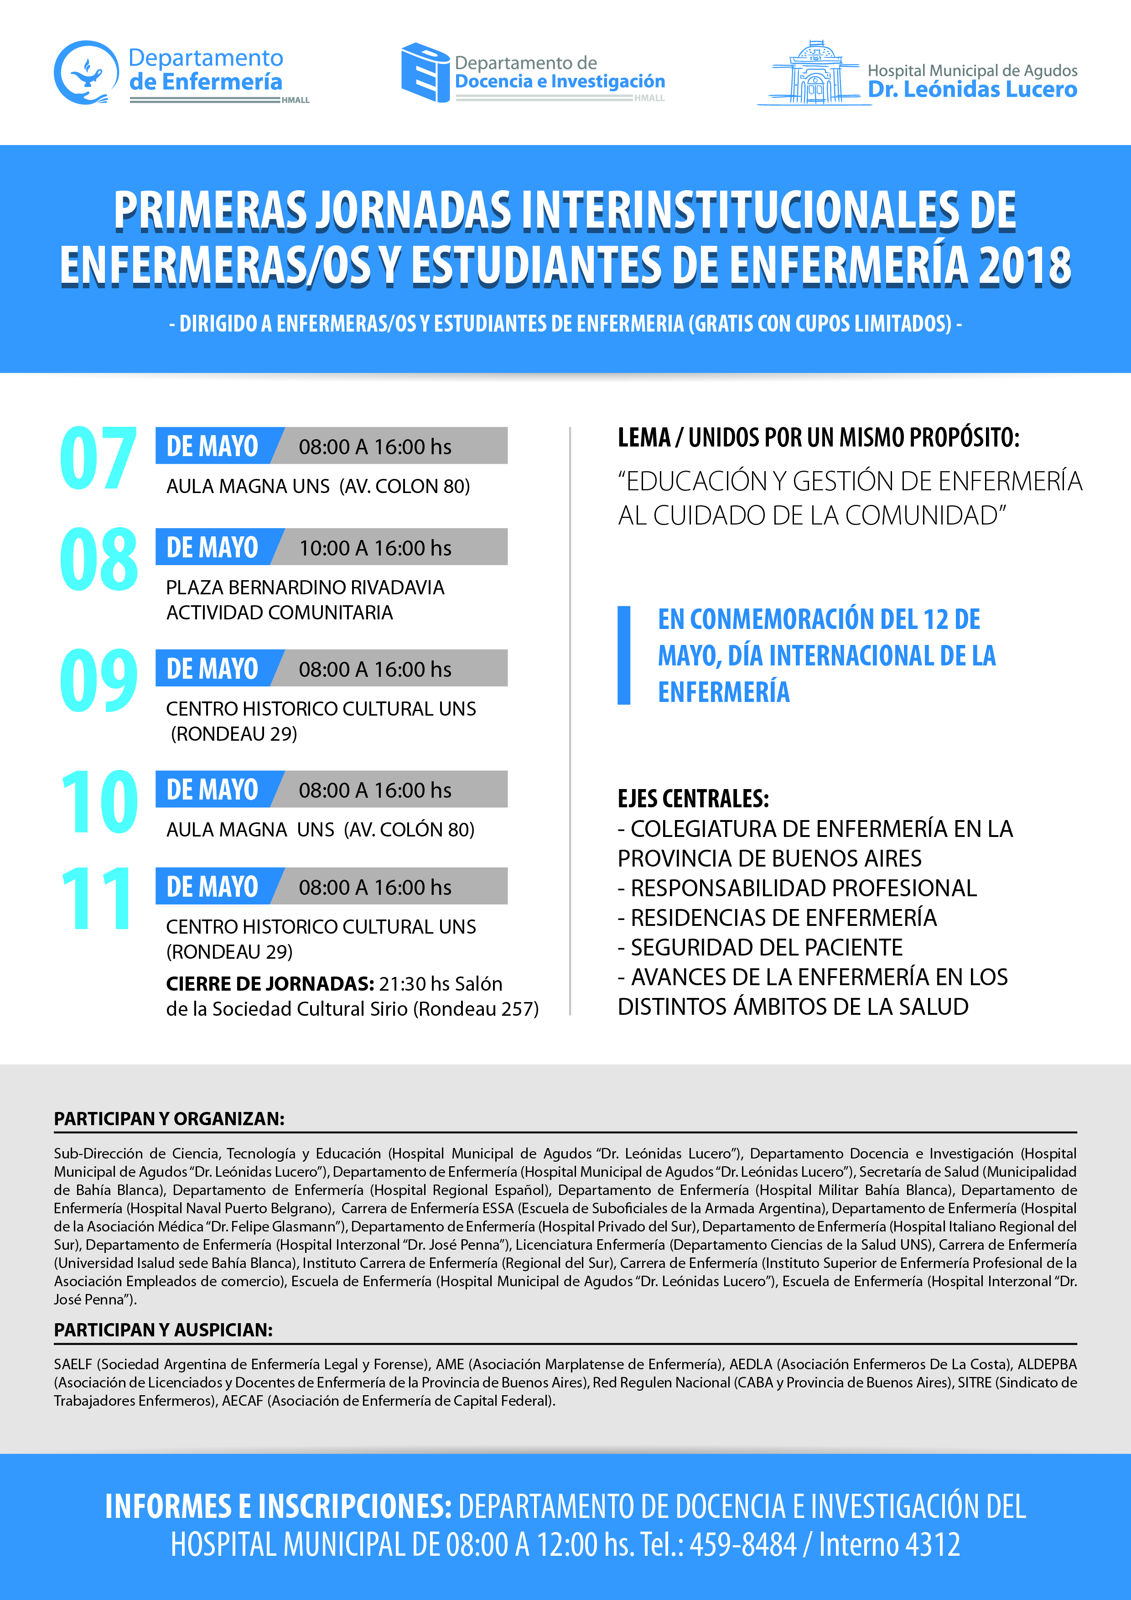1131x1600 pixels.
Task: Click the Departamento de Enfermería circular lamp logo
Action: [86, 73]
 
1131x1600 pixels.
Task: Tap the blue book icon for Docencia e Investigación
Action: [425, 73]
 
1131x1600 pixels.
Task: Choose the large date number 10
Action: [98, 803]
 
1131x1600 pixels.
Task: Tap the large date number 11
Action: [97, 899]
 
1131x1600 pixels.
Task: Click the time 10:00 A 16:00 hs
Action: [375, 548]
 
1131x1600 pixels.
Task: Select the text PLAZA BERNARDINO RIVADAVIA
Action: [305, 587]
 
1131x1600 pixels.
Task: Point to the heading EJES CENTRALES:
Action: [693, 799]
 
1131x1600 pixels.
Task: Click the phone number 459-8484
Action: [743, 1545]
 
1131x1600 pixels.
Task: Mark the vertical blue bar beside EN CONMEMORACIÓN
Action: [624, 655]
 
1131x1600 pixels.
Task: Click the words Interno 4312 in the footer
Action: [889, 1545]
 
